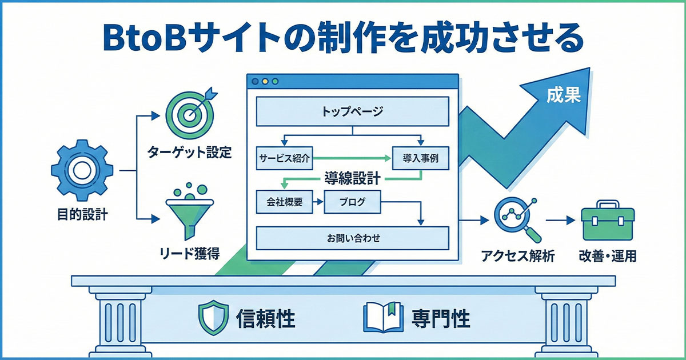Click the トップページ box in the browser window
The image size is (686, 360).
pos(352,111)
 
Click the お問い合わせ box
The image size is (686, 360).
pos(352,238)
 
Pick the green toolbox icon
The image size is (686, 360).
pos(607,221)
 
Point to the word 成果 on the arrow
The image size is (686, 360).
pos(563,95)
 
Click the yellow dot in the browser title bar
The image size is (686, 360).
pos(265,82)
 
